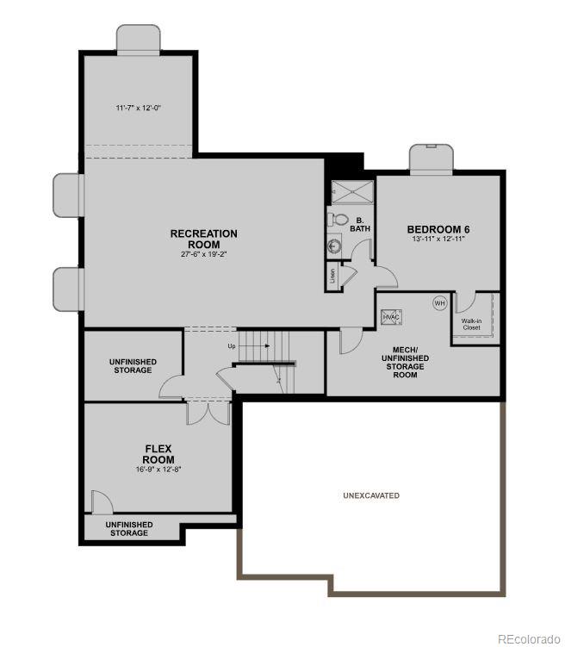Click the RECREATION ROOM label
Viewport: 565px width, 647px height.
pyautogui.click(x=203, y=239)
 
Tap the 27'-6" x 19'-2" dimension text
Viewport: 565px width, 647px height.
pyautogui.click(x=203, y=254)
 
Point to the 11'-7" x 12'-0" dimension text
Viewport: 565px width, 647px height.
pyautogui.click(x=139, y=108)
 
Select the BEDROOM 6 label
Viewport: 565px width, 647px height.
pyautogui.click(x=438, y=229)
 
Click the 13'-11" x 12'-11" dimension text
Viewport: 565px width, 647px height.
pyautogui.click(x=438, y=240)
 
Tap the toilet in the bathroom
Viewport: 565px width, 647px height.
pyautogui.click(x=337, y=221)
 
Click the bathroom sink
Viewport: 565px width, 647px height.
pyautogui.click(x=335, y=246)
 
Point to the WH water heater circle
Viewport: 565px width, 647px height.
pyautogui.click(x=439, y=303)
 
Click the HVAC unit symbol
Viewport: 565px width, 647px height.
pyautogui.click(x=392, y=317)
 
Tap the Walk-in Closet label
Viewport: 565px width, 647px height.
pyautogui.click(x=471, y=324)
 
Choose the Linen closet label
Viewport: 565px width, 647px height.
pyautogui.click(x=332, y=277)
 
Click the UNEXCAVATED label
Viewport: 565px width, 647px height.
pyautogui.click(x=371, y=495)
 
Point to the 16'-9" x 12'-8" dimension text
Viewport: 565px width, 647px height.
pyautogui.click(x=158, y=470)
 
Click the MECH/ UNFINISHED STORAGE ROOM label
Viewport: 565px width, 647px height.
pyautogui.click(x=406, y=363)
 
